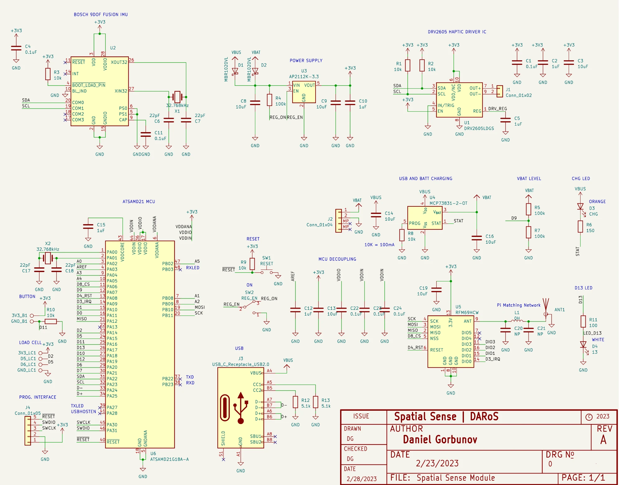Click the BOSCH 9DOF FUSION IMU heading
pos(101,15)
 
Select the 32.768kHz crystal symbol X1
pos(177,97)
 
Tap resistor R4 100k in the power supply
pos(270,100)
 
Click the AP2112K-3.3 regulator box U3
pos(304,92)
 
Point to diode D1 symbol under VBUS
pos(235,71)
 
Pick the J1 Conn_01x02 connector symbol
pos(500,91)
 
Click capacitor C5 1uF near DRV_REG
pos(506,121)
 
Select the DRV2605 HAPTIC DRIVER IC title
pos(457,32)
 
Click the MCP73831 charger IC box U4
pos(425,218)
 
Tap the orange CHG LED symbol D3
pos(580,206)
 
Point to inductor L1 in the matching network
pos(517,321)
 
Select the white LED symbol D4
pos(583,345)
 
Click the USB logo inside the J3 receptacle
pos(241,408)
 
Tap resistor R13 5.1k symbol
pos(316,402)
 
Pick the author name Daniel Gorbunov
pos(440,440)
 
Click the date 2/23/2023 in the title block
pos(437,464)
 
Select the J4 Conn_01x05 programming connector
pos(28,431)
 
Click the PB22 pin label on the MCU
pos(168,379)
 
